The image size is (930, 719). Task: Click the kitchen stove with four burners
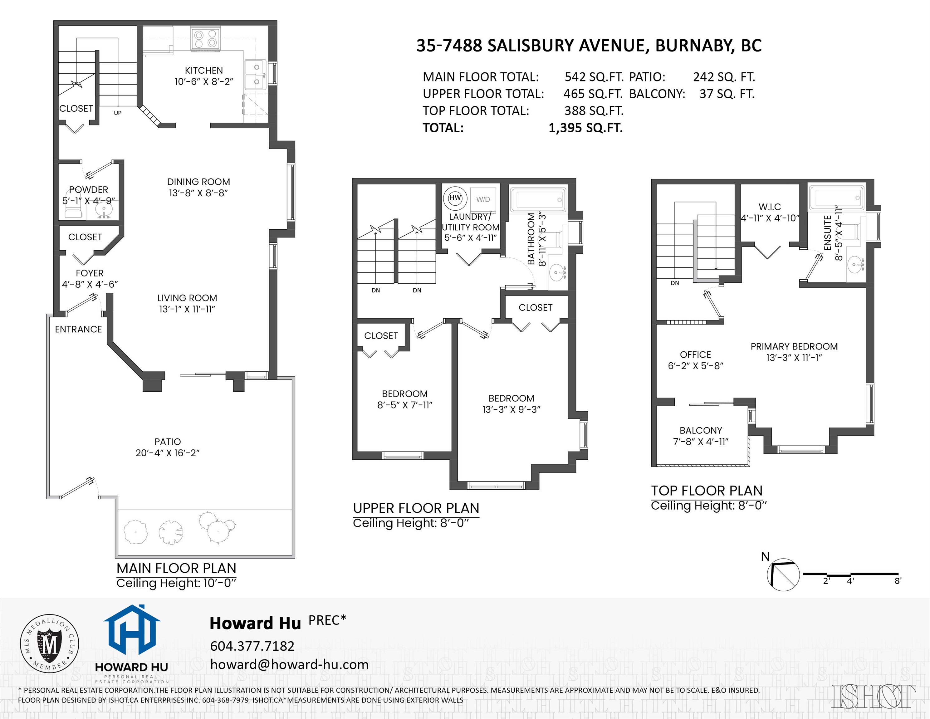[x=206, y=39]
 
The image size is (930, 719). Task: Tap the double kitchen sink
[x=256, y=74]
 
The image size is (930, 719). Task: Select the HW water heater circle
[x=455, y=198]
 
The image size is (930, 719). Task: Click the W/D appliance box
[x=483, y=199]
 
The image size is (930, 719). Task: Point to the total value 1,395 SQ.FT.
[x=585, y=128]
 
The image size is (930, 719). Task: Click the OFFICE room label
[x=695, y=355]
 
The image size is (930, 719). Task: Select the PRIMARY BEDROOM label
[x=794, y=346]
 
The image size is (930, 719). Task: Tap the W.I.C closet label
[x=770, y=207]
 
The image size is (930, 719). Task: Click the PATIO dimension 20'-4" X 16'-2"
[x=167, y=453]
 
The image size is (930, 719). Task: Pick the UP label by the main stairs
[x=118, y=113]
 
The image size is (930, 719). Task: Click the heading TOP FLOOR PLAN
[x=707, y=491]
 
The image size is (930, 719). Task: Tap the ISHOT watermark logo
[x=874, y=697]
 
